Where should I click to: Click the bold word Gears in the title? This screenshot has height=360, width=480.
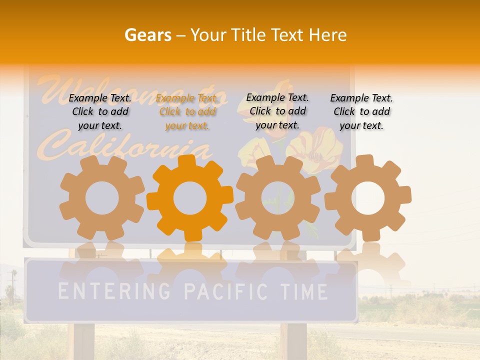[147, 35]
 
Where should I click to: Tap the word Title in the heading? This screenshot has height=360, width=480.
[248, 35]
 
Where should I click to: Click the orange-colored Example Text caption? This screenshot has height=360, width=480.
[187, 112]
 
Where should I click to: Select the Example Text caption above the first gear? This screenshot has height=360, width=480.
[100, 111]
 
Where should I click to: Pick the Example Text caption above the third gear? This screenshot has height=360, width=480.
[277, 111]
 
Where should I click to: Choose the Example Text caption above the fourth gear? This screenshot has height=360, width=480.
[361, 111]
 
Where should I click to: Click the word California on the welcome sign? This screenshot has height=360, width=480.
[125, 145]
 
